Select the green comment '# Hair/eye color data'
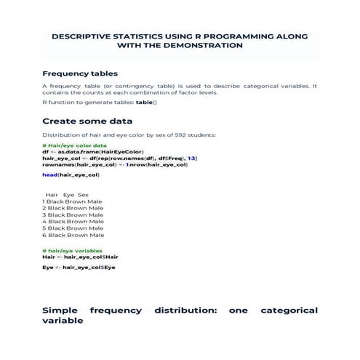[76, 145]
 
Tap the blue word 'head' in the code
[49, 175]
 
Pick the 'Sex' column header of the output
[83, 195]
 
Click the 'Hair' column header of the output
[52, 195]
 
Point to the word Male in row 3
[95, 215]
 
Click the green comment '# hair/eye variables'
[73, 251]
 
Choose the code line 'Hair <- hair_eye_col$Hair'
[80, 257]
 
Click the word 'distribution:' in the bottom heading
[185, 310]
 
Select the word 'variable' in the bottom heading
[63, 320]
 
